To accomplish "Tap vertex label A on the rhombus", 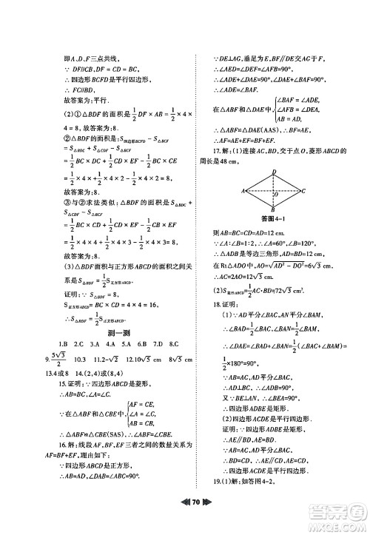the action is click(x=243, y=191).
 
